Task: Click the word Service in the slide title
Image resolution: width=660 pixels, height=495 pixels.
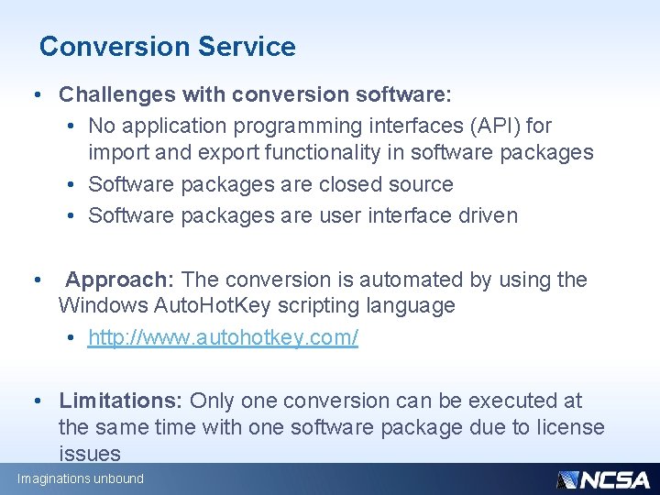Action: pos(249,47)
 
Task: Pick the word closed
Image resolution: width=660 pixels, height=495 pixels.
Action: pos(352,184)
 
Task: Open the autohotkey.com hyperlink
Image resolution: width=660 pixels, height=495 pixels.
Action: pos(223,337)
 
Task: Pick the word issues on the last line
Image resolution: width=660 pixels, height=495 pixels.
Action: pos(89,454)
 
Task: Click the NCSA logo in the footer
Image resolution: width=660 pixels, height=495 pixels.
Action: pos(602,479)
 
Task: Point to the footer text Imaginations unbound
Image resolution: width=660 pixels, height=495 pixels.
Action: pos(81,479)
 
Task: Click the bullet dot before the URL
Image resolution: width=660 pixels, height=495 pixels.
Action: pos(71,338)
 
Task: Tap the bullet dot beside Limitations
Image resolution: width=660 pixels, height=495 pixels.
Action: pos(37,401)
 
